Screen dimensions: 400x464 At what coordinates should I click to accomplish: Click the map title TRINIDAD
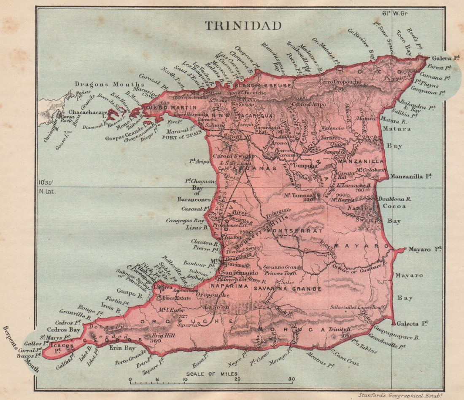click(243, 26)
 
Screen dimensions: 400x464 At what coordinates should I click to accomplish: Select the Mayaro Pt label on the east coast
click(425, 249)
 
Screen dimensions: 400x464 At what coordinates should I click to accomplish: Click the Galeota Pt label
click(413, 323)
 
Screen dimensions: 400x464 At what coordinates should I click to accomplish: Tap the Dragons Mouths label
click(100, 84)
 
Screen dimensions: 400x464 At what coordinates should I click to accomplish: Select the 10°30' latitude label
click(46, 182)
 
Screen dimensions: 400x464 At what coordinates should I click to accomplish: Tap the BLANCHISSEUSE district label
click(262, 85)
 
